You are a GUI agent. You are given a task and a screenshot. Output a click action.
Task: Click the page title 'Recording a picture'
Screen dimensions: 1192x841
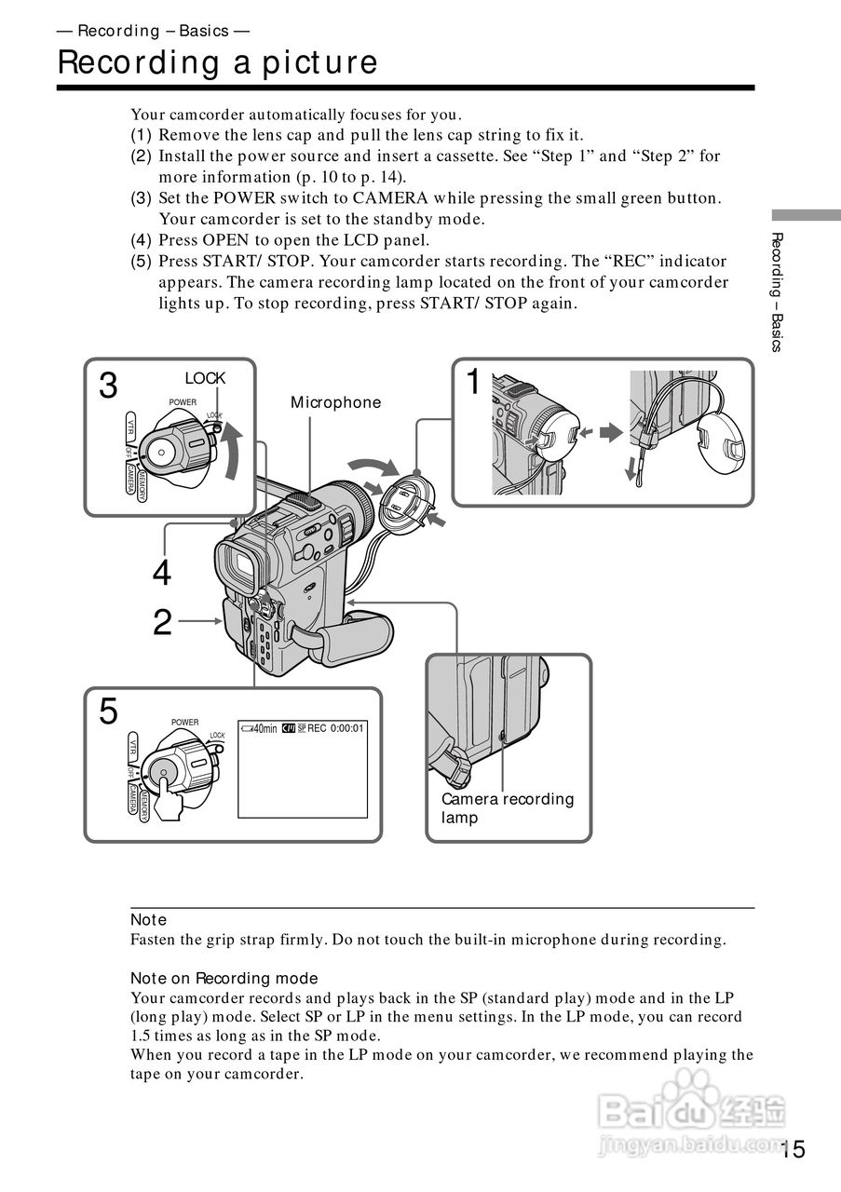tap(217, 62)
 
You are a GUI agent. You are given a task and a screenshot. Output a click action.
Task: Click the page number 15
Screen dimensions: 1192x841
tap(793, 1149)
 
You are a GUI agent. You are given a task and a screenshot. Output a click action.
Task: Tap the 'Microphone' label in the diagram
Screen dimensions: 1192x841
tap(335, 402)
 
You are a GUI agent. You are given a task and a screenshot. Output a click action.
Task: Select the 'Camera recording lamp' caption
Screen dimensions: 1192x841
tap(508, 807)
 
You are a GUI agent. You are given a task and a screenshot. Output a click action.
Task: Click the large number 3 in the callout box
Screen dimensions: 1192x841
tap(109, 386)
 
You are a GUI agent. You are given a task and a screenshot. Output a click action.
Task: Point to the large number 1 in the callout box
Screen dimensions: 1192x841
tap(474, 382)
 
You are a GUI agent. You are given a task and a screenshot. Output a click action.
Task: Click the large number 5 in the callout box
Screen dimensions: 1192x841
tap(109, 712)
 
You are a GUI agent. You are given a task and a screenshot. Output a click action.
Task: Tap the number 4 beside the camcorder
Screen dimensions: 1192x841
tap(162, 575)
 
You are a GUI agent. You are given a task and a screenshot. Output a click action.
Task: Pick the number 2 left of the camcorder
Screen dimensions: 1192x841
tap(162, 623)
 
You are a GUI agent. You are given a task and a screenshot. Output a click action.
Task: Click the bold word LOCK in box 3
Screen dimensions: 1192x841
tap(205, 378)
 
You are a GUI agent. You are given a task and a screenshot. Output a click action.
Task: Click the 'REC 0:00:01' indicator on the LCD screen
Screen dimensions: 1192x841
tap(334, 727)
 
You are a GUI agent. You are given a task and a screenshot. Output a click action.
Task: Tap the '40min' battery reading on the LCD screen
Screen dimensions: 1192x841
tap(260, 728)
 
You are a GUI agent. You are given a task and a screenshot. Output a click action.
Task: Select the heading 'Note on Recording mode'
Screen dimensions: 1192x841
tap(224, 978)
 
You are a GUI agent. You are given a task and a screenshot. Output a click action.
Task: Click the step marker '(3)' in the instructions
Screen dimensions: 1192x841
tap(141, 198)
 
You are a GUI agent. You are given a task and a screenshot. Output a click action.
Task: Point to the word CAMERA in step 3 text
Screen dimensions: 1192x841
tap(396, 198)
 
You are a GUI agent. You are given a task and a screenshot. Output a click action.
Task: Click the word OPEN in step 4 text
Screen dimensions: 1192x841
tap(225, 240)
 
